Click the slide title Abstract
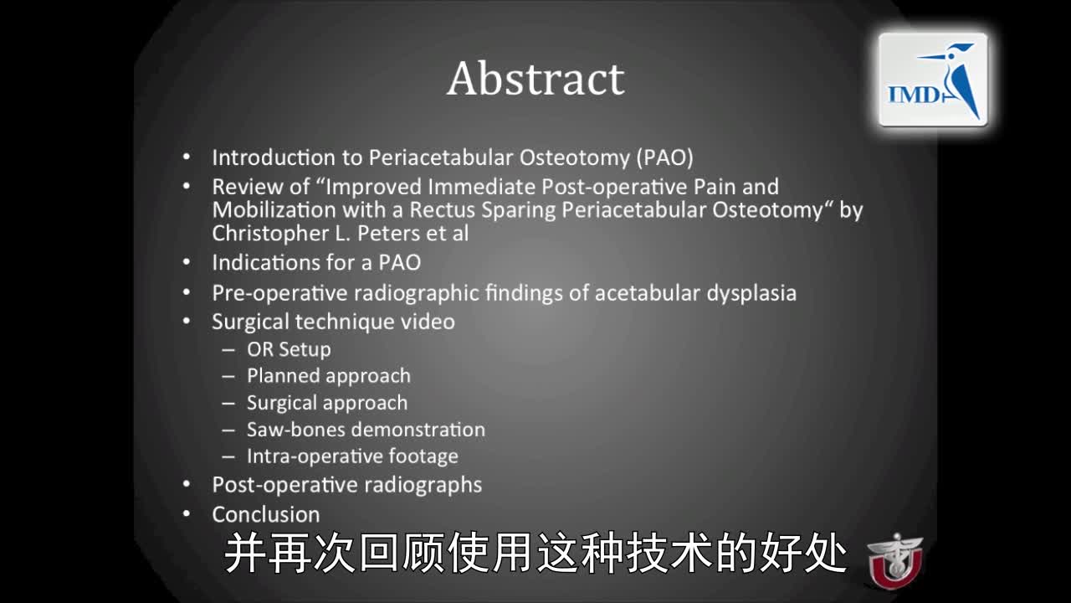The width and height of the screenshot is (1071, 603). tap(535, 80)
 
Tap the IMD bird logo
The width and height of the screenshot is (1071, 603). tap(933, 80)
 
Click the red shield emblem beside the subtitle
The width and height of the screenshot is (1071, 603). tap(894, 560)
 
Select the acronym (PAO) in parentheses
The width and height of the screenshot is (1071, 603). tap(664, 157)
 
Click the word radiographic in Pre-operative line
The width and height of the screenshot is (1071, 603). tap(389, 293)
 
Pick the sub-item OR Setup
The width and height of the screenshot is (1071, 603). tap(289, 349)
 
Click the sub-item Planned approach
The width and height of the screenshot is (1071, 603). tap(328, 376)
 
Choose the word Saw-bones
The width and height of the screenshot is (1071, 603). tap(296, 430)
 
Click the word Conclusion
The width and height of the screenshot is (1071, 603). tap(265, 514)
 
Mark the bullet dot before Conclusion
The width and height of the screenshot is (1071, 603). tap(187, 514)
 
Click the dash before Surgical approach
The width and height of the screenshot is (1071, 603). tap(228, 403)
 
